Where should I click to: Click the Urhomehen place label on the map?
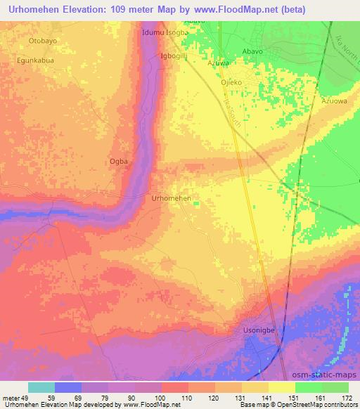tap(172, 199)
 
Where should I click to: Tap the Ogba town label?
tap(119, 162)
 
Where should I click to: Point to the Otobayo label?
tap(43, 41)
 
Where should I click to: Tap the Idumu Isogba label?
tap(165, 32)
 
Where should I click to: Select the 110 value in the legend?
tap(187, 397)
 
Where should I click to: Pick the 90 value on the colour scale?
tap(133, 397)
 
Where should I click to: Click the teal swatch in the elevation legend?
tap(41, 387)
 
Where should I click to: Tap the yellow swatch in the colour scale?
tap(282, 387)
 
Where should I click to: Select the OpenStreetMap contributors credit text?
tap(313, 405)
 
